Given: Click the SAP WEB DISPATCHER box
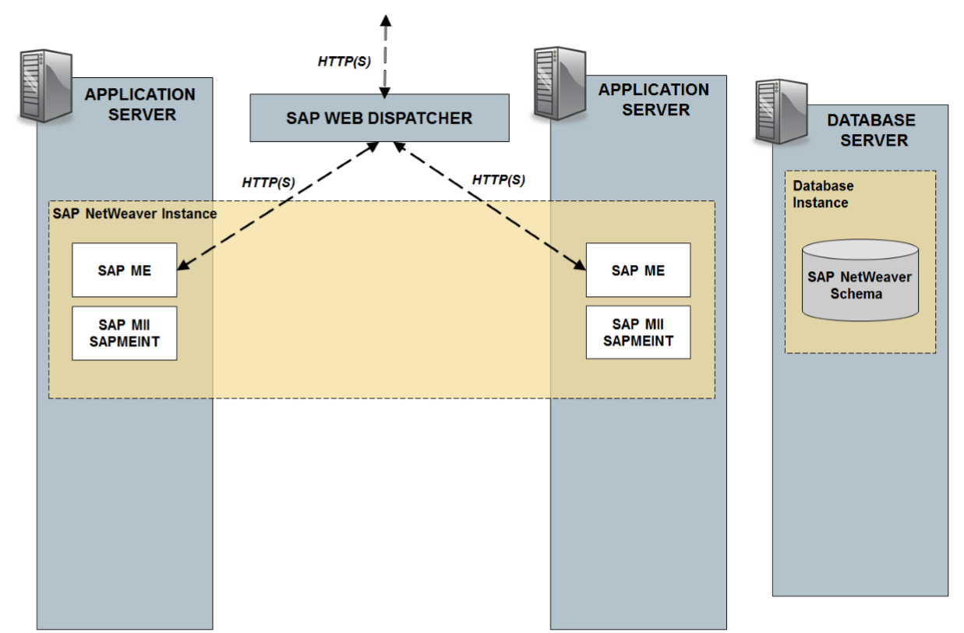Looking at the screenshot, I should pyautogui.click(x=379, y=118).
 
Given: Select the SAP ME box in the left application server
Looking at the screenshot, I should pyautogui.click(x=125, y=270).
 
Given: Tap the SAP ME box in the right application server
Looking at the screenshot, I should pyautogui.click(x=637, y=270).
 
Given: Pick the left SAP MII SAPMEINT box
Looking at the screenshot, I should pyautogui.click(x=125, y=333).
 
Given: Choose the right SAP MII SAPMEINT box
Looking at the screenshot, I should pyautogui.click(x=637, y=332).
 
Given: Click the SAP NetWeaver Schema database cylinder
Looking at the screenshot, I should pyautogui.click(x=860, y=280).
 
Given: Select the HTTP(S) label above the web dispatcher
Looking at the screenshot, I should pyautogui.click(x=344, y=62).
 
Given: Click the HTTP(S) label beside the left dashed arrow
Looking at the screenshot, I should pyautogui.click(x=268, y=183).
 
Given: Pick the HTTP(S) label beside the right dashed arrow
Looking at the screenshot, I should pyautogui.click(x=499, y=180).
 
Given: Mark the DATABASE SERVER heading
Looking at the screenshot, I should pyautogui.click(x=870, y=130).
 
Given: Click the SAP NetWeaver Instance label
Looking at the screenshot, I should pyautogui.click(x=134, y=214).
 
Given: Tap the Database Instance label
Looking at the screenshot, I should pyautogui.click(x=822, y=194).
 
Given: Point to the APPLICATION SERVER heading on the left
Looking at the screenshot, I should pyautogui.click(x=140, y=104).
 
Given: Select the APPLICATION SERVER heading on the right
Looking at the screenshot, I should pyautogui.click(x=654, y=100).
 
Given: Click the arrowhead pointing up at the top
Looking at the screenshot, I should pyautogui.click(x=383, y=20).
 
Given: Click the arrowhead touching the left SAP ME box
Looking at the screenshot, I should pyautogui.click(x=183, y=267).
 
